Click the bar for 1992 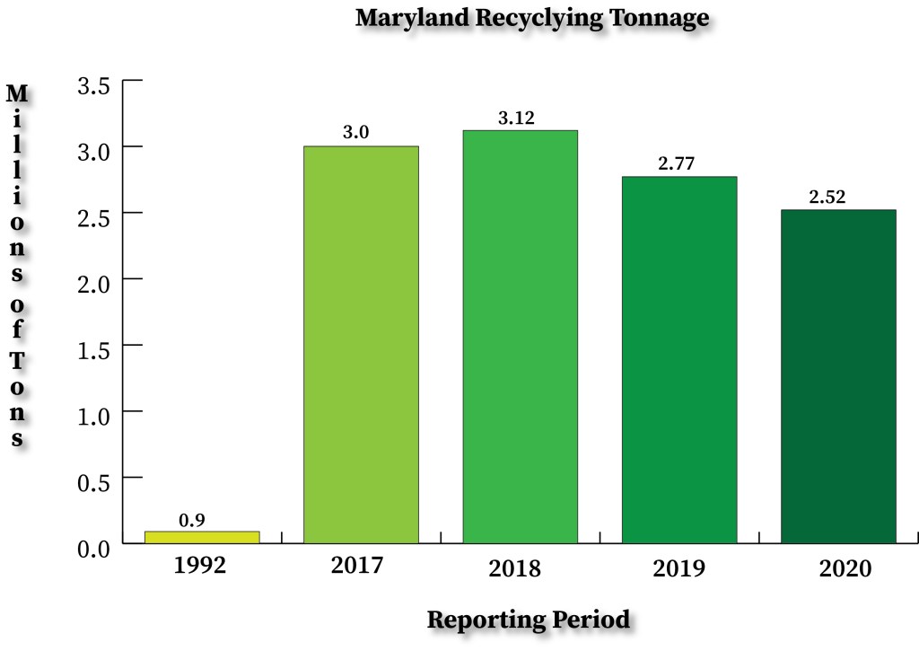coord(202,537)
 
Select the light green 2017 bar coord(361,344)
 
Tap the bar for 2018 coord(520,336)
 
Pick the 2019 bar coord(679,359)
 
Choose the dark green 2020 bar coord(838,376)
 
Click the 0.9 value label coord(191,519)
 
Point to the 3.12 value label coord(516,118)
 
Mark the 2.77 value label coord(676,164)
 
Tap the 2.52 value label coord(827,198)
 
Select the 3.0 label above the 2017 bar coord(356,133)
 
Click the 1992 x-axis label coord(201,567)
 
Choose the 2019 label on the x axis coord(679,568)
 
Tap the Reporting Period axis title coord(528,620)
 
